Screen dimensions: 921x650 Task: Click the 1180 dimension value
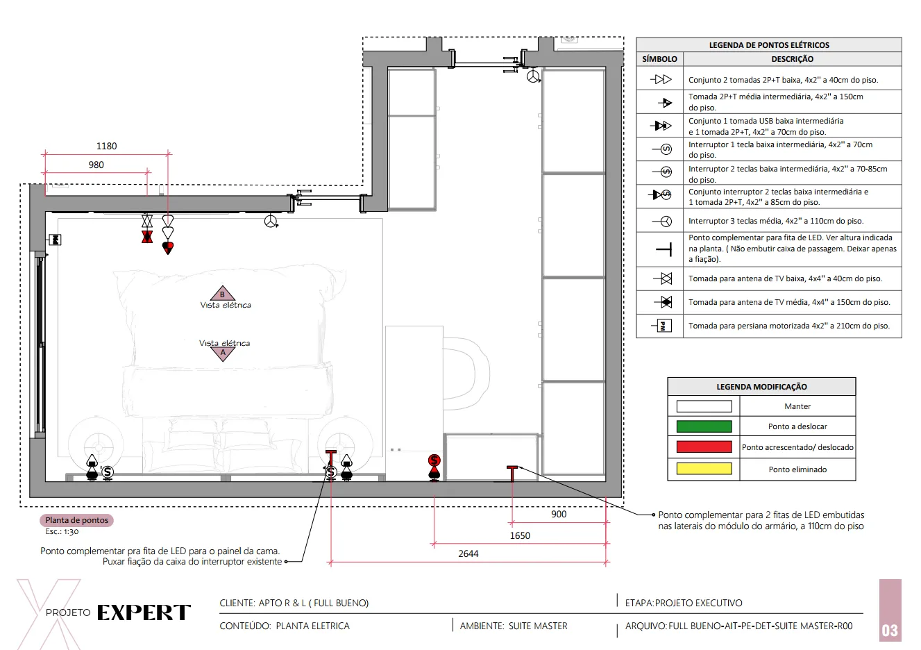(x=106, y=146)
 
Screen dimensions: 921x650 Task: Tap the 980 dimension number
(x=96, y=165)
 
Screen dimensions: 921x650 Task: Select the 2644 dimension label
(x=468, y=553)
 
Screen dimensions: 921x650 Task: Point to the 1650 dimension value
(x=520, y=535)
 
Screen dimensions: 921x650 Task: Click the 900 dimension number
(x=559, y=515)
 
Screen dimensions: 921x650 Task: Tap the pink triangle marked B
(x=222, y=293)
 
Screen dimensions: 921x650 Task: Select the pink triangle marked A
(x=223, y=353)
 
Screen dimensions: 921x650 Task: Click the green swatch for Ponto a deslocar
(x=704, y=426)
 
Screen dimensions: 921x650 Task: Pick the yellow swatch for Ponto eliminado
(x=704, y=469)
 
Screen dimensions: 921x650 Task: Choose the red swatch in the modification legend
(x=704, y=447)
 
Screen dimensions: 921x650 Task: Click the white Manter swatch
(x=704, y=406)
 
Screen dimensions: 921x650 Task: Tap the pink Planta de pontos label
(x=76, y=520)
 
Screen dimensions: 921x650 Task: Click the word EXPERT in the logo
(x=144, y=612)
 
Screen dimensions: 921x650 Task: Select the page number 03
(x=890, y=631)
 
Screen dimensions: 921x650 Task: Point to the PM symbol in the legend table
(x=662, y=326)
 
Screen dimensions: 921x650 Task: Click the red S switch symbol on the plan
(x=434, y=460)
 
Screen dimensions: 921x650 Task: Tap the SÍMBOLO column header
(x=659, y=59)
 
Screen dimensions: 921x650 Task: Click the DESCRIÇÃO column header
(x=793, y=59)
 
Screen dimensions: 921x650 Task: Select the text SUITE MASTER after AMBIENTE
(x=538, y=626)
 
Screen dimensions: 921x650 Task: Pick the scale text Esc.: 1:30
(x=62, y=531)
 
